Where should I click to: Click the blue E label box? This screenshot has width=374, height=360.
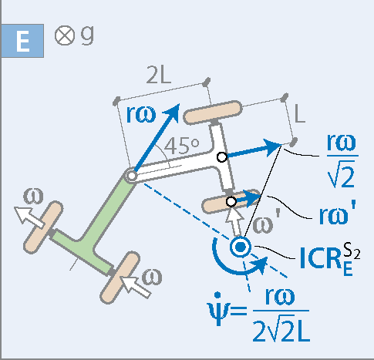click(x=22, y=41)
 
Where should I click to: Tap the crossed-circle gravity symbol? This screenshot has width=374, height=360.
click(x=65, y=35)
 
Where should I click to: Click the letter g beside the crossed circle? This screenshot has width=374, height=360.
click(x=87, y=35)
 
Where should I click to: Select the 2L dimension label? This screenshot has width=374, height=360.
click(x=158, y=75)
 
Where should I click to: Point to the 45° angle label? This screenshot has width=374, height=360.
click(x=181, y=146)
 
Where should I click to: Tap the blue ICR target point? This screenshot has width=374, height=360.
click(x=241, y=247)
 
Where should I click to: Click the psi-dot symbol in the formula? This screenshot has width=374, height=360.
click(x=218, y=310)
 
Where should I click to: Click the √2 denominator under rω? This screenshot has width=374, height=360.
click(x=342, y=173)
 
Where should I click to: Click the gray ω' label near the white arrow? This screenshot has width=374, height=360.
click(x=265, y=223)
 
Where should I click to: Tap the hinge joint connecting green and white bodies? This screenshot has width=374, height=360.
click(x=131, y=177)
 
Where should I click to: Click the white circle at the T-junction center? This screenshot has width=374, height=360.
click(x=222, y=157)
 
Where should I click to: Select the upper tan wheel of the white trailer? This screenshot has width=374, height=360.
click(x=213, y=112)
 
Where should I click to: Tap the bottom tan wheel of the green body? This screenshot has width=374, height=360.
click(x=120, y=278)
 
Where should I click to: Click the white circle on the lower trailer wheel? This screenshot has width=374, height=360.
click(x=231, y=202)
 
